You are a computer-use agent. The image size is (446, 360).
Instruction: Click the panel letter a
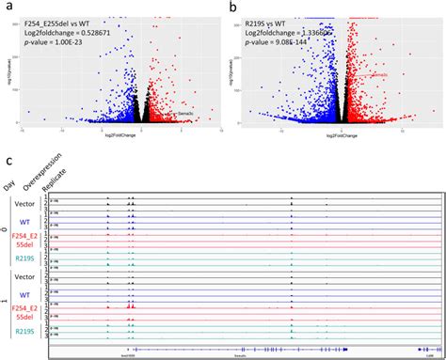pos(8,8)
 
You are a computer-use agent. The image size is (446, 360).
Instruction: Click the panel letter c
pos(8,161)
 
